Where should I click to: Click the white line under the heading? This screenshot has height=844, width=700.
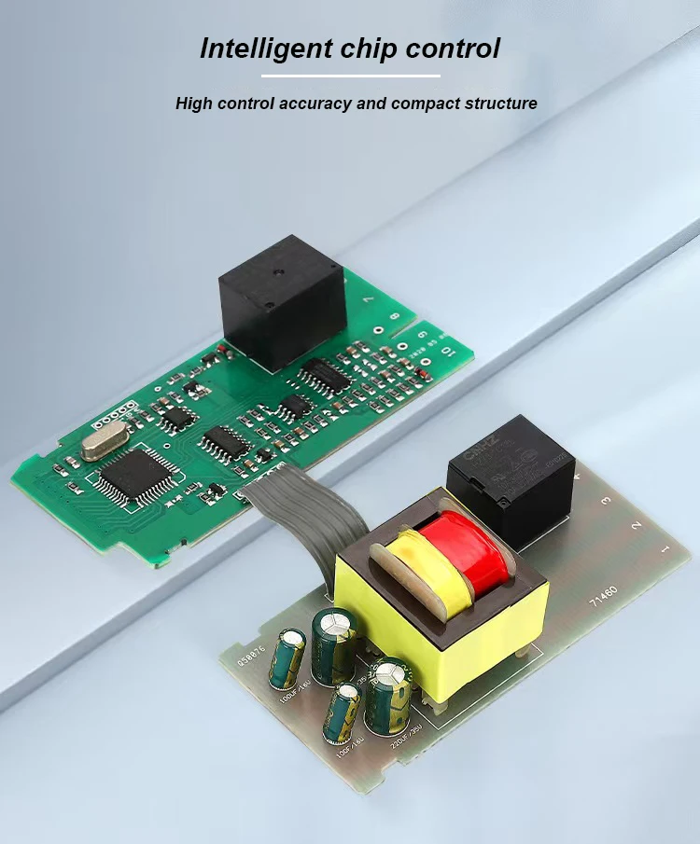(350, 76)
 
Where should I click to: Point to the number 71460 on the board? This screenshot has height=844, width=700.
(604, 598)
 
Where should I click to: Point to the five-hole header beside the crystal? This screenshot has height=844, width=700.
(119, 411)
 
